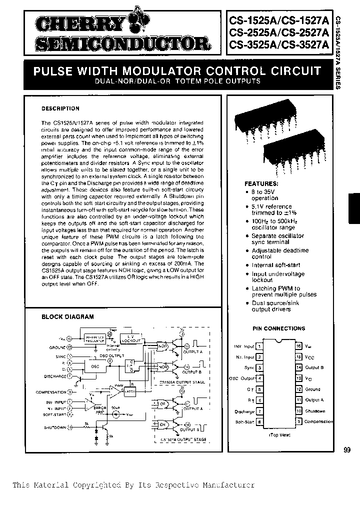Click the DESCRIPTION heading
(60, 108)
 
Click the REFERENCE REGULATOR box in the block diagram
(96, 338)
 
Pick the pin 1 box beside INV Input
(260, 346)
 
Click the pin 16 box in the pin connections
(298, 346)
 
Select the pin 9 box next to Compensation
(298, 421)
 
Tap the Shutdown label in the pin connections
(315, 411)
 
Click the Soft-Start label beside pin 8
(244, 422)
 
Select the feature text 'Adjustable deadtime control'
(280, 253)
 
